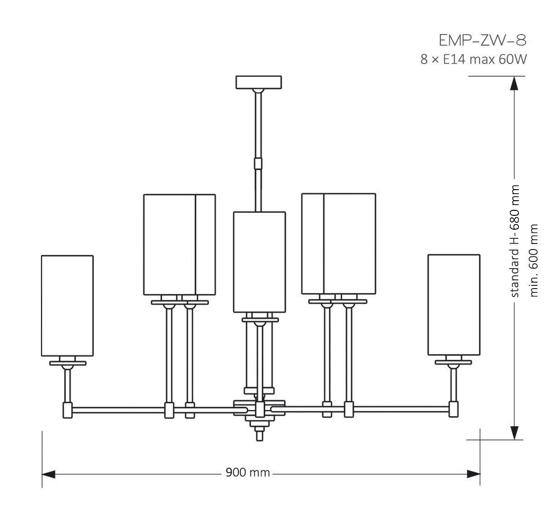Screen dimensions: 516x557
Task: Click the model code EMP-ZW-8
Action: pos(482,40)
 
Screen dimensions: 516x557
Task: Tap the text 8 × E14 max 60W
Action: pos(473,59)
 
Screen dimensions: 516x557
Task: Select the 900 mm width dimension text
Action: pos(248,473)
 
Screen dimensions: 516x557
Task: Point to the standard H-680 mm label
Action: pos(515,241)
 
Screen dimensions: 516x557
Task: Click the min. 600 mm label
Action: pos(534,260)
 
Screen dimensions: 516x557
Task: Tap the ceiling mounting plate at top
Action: pos(259,82)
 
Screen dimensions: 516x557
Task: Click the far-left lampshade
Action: pos(67,305)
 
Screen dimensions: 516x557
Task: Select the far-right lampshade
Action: pos(454,304)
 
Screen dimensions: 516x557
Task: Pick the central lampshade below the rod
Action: pos(259,262)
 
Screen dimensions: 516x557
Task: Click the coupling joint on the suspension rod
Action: pos(259,163)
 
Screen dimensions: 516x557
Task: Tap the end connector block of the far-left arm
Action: pos(68,409)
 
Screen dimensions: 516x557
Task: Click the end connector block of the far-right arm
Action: pos(454,409)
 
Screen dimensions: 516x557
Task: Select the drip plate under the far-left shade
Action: pos(68,363)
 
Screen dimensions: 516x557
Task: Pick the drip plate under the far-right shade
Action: pos(454,362)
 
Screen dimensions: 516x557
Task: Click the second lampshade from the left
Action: pos(179,244)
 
